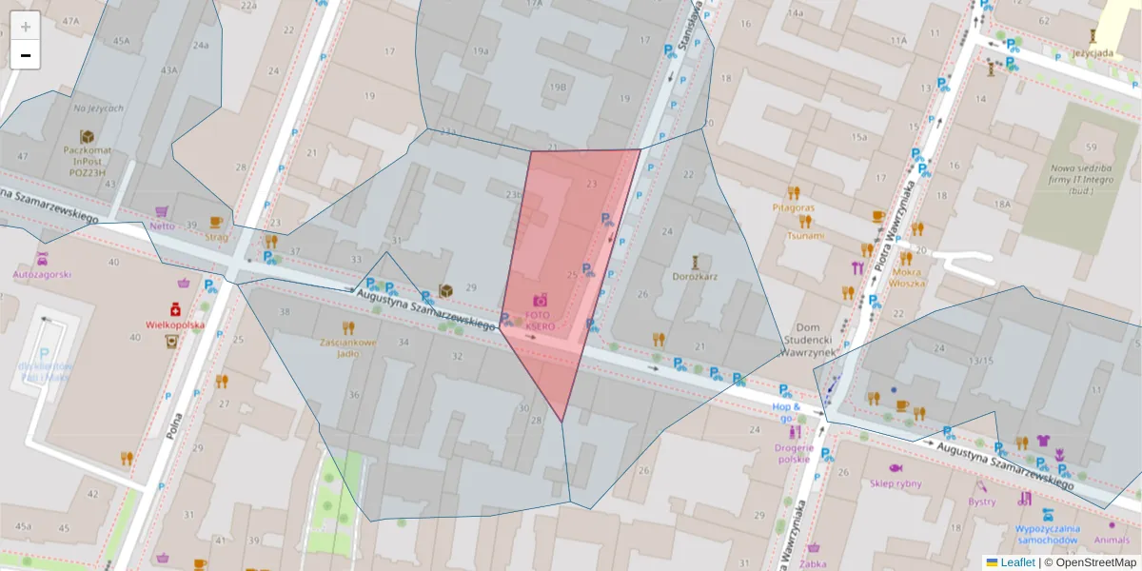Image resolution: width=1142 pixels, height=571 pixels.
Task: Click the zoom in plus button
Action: (x=26, y=27)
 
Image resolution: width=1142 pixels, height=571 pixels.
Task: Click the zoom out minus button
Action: (x=26, y=55)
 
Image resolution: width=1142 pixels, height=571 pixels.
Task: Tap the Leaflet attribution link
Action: (x=1017, y=562)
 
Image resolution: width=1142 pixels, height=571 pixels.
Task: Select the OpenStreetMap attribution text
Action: (x=1095, y=562)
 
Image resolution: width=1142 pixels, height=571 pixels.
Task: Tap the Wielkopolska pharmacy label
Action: (x=174, y=324)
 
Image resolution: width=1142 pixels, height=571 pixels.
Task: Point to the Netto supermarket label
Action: (x=162, y=226)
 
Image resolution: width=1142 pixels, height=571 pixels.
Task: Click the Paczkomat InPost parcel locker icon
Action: (x=87, y=137)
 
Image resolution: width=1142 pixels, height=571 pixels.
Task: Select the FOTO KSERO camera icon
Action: (x=541, y=300)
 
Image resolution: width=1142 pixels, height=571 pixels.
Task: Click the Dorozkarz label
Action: (x=695, y=276)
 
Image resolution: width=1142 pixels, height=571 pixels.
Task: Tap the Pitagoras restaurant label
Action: (x=794, y=207)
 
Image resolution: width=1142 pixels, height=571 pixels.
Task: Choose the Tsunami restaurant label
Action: (x=804, y=235)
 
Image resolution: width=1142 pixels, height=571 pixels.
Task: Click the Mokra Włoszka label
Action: (x=906, y=276)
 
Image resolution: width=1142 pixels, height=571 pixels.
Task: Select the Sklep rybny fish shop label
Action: (x=896, y=482)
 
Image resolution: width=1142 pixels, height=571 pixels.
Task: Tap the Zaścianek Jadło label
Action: (x=348, y=347)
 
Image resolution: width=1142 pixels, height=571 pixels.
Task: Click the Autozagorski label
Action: (x=42, y=274)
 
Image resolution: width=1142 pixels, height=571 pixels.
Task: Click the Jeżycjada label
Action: (x=1093, y=53)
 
